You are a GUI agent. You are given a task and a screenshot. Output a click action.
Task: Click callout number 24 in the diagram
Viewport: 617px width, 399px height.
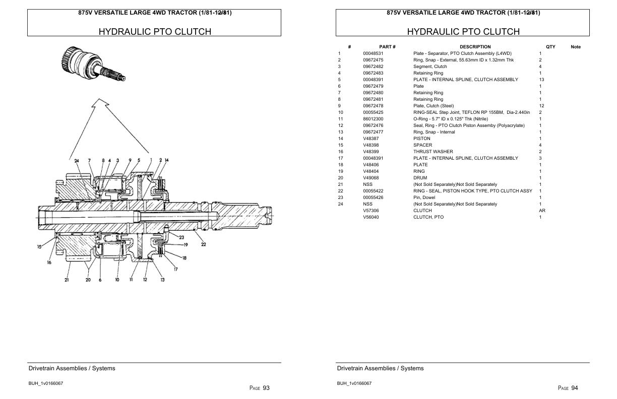point(77,161)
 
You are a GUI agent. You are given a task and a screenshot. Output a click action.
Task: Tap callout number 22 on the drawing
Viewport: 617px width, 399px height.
point(203,245)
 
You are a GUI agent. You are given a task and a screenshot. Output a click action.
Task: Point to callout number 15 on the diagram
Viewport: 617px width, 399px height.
point(39,246)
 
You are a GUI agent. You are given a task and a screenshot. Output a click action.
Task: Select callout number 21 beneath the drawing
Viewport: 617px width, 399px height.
point(67,280)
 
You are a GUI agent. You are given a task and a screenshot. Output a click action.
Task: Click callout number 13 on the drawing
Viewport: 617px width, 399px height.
point(162,280)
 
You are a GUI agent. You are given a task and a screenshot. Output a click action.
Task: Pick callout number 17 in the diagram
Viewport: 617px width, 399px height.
point(175,270)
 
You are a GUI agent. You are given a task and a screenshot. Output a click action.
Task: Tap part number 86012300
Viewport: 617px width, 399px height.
point(373,119)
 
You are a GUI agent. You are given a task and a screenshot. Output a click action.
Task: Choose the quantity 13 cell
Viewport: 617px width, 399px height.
point(541,80)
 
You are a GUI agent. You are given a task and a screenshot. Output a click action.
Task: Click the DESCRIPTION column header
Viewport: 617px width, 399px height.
point(475,47)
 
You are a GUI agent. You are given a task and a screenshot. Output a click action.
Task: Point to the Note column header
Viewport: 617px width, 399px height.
point(575,47)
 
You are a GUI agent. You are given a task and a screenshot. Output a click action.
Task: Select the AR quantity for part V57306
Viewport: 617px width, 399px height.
point(542,211)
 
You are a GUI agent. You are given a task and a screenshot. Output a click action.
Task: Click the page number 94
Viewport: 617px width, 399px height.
point(575,388)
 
